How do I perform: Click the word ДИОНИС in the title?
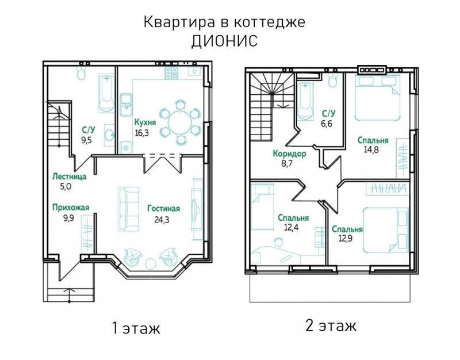tap(224, 40)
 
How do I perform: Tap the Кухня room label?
tap(145, 122)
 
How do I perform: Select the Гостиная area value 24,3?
tap(162, 220)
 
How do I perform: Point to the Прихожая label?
tap(70, 208)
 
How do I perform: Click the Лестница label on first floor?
tap(69, 177)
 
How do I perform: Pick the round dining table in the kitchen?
tap(180, 123)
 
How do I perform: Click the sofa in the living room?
tap(129, 209)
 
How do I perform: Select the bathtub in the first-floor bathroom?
tap(106, 93)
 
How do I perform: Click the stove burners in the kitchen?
tap(171, 73)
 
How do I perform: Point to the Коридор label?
tap(289, 154)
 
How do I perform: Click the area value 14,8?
tap(371, 150)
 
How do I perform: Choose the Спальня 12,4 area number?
tap(291, 227)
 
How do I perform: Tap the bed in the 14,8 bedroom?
tap(377, 98)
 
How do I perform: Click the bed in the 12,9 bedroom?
tap(385, 229)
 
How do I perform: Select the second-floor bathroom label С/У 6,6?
tap(328, 118)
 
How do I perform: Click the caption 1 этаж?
tap(136, 328)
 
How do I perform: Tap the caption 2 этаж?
tap(331, 325)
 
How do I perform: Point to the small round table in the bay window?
tap(151, 263)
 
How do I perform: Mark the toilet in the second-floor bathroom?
tap(333, 80)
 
